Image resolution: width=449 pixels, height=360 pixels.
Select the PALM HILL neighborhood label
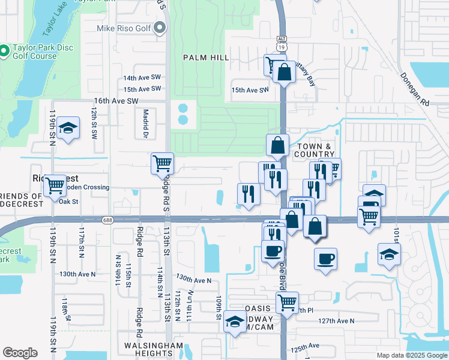pyautogui.click(x=206, y=57)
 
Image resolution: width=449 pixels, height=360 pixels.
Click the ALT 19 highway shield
pyautogui.click(x=281, y=43)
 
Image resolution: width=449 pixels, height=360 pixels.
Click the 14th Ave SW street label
pyautogui.click(x=142, y=78)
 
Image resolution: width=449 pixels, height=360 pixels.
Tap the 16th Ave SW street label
pyautogui.click(x=116, y=101)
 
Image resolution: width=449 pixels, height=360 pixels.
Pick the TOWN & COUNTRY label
pyautogui.click(x=313, y=150)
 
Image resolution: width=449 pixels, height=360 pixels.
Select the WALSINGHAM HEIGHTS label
pyautogui.click(x=153, y=350)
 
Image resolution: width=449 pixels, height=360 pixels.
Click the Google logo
pyautogui.click(x=20, y=353)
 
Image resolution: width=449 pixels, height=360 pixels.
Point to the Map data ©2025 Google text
pyautogui.click(x=411, y=355)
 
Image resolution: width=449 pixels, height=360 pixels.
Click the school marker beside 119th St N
pyautogui.click(x=69, y=128)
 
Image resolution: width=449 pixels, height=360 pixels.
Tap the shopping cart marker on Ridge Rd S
pyautogui.click(x=162, y=163)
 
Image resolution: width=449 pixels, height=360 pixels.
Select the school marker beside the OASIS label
pyautogui.click(x=234, y=323)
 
